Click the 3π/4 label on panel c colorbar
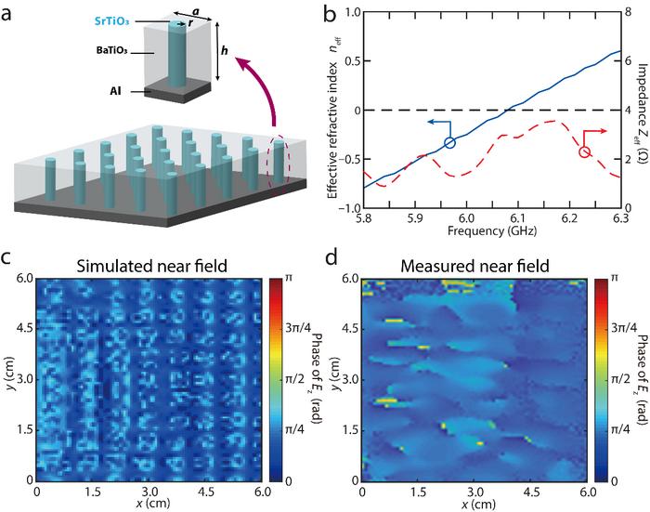(287, 328)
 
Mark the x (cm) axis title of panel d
(474, 503)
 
